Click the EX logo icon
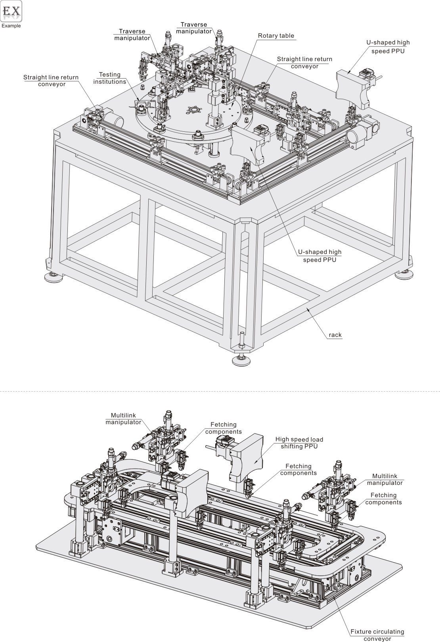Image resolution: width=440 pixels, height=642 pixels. [11, 12]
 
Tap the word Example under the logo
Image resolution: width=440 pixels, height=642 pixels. [11, 26]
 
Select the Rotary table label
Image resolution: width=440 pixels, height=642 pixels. [276, 36]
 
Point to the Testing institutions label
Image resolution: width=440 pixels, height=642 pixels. [109, 78]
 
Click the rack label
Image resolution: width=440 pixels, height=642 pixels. [335, 335]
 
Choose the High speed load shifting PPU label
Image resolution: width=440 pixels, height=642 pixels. [299, 443]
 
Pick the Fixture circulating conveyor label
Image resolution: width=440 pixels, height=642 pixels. [377, 635]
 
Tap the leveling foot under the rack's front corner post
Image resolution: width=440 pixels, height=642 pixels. [241, 359]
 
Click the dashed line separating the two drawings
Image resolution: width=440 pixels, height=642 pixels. [220, 392]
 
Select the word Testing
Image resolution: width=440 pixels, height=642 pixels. [109, 75]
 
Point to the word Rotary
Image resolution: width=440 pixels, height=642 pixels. [268, 36]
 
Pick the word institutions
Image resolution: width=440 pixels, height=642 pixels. [109, 82]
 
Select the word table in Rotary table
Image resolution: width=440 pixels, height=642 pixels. [287, 36]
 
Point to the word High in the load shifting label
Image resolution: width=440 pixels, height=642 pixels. [282, 439]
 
